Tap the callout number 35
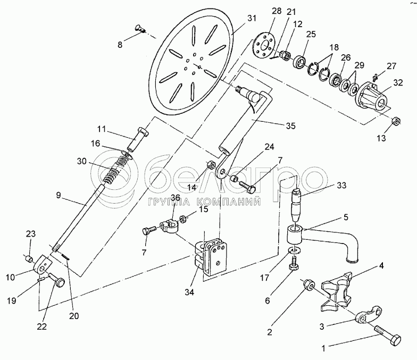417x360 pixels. point(290,125)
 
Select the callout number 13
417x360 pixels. point(381,138)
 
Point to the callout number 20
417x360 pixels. point(74,316)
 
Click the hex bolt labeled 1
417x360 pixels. point(388,336)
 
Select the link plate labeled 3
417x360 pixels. point(369,315)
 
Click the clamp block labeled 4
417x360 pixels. point(337,291)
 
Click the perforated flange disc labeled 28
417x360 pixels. point(264,46)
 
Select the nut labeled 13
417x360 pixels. point(396,121)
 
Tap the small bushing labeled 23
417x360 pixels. point(29,258)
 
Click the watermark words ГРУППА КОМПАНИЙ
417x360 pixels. point(203,202)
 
